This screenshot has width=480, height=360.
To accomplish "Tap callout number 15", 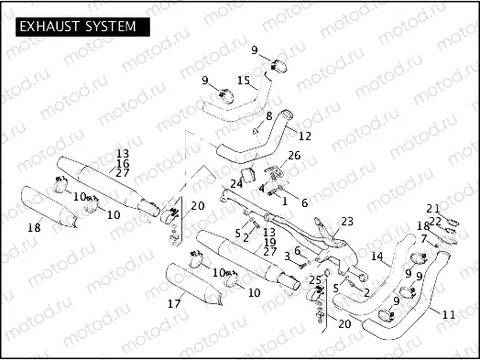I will point(243,81).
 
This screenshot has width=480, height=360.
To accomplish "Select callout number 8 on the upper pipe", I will point(269,116).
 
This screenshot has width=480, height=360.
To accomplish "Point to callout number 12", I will point(305,136).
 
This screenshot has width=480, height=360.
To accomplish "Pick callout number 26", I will point(293,156).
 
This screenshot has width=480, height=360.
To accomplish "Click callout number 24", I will point(236,183).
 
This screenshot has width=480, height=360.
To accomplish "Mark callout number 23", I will point(346,221).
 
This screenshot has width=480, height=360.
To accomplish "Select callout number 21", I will point(432,208).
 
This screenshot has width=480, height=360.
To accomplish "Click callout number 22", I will point(436,220).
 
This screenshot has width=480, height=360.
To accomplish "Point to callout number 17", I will point(173,302).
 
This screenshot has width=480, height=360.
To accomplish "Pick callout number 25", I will point(315,279).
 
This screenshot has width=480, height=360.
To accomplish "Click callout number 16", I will point(122,162).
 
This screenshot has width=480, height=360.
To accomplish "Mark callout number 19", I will point(269,242).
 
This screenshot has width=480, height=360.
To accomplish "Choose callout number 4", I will point(261,188).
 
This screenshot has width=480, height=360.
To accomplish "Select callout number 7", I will point(423,238).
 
